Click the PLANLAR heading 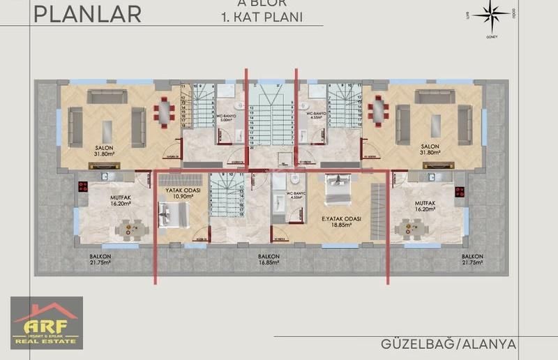[x=87, y=13]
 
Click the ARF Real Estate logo [x=46, y=322]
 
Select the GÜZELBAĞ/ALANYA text [x=448, y=344]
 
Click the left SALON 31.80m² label [x=105, y=151]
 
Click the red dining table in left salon [x=165, y=110]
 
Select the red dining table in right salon [x=379, y=110]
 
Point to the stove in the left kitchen [x=83, y=187]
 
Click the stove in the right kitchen [x=460, y=191]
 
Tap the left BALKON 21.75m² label [x=100, y=260]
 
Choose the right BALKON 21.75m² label [x=472, y=260]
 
